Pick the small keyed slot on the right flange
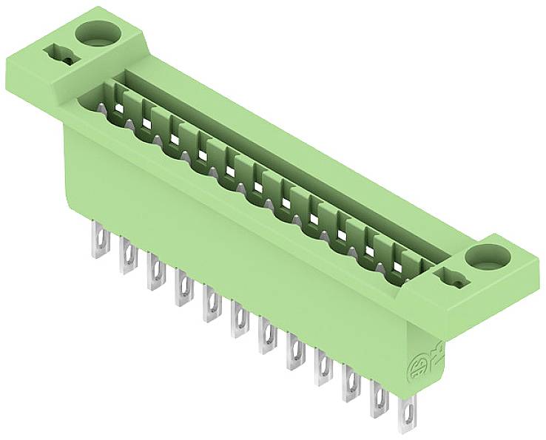(451, 279)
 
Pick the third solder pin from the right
(351, 385)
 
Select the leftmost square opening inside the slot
(118, 108)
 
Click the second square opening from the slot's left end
(146, 123)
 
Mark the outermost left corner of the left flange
(9, 53)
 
